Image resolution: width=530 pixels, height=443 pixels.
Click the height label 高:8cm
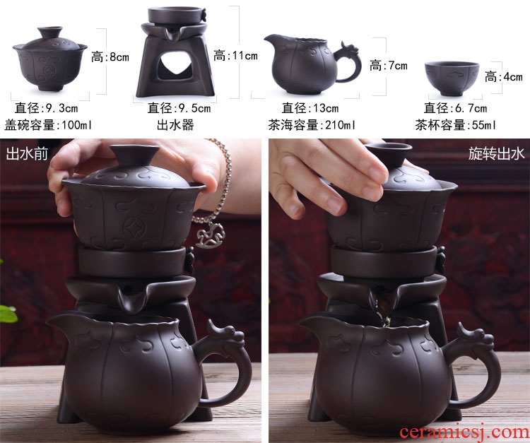[110, 57]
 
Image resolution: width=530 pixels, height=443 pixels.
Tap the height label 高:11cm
[235, 55]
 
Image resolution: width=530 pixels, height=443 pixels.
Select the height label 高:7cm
[389, 65]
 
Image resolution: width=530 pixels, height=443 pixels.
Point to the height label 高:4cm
[504, 77]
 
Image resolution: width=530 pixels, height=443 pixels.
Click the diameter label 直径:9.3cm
[47, 108]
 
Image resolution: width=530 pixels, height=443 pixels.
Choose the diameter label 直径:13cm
[310, 108]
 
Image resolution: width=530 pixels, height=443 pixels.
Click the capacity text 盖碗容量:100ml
[48, 125]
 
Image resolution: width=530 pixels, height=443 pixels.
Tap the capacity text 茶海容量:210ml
[312, 125]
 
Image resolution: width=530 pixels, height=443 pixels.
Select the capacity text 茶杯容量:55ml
[456, 125]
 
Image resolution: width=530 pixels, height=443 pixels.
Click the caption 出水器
[175, 125]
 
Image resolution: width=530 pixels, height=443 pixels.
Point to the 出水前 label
[27, 154]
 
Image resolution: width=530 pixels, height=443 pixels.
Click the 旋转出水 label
[496, 153]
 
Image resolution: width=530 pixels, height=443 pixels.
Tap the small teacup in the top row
[452, 78]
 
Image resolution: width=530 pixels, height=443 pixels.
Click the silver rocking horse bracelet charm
[211, 235]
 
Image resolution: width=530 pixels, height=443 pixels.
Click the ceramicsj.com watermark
[464, 432]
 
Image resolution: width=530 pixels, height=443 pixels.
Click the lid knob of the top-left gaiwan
[50, 32]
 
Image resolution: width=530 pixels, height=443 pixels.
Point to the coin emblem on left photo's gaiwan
[131, 228]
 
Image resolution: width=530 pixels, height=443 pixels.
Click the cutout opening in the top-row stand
[176, 66]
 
